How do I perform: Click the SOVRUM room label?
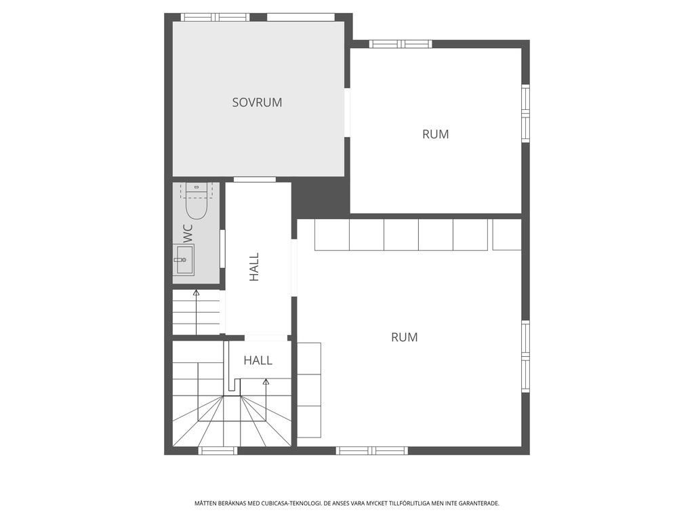click(257, 102)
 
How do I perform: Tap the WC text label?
click(188, 233)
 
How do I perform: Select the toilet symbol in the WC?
click(196, 201)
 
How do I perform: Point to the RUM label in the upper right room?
click(435, 134)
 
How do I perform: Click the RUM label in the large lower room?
click(404, 337)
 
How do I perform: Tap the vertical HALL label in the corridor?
click(254, 267)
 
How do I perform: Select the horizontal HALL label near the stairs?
click(258, 360)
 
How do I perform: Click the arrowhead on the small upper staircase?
click(196, 293)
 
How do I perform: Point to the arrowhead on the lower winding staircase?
click(266, 382)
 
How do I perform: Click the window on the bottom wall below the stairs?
click(218, 450)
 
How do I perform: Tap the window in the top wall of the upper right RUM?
click(400, 44)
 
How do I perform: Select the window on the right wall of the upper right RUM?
click(525, 113)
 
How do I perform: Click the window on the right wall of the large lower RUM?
click(525, 355)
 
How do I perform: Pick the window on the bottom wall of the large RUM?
click(371, 450)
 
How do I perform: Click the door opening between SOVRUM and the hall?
click(255, 179)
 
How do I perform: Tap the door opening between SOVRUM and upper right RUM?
click(347, 113)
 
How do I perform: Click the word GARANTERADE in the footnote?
click(478, 503)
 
